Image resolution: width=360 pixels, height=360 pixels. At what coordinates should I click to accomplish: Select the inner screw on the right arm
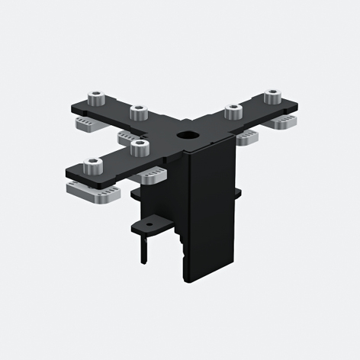[x=233, y=111]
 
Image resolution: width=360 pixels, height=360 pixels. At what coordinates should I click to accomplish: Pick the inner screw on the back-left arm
[x=138, y=112]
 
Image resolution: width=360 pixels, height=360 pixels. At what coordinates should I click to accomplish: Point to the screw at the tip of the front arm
[x=92, y=165]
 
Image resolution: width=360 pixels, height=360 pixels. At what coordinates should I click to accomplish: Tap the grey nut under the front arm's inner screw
[x=149, y=176]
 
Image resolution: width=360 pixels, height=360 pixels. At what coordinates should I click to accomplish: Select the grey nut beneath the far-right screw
[x=281, y=123]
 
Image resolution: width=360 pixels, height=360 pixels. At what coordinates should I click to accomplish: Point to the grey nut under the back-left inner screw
[x=128, y=137]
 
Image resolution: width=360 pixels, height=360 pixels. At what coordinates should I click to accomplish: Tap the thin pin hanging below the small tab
[x=144, y=247]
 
